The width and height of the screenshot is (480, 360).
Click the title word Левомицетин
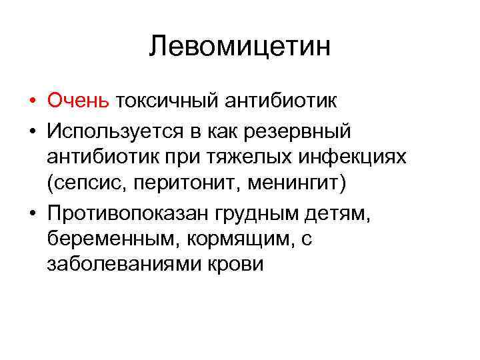[240, 47]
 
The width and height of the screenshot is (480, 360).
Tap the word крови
[237, 265]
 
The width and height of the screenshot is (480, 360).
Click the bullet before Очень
[32, 102]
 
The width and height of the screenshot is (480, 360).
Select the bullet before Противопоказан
[32, 213]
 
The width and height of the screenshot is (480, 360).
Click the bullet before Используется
[32, 131]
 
